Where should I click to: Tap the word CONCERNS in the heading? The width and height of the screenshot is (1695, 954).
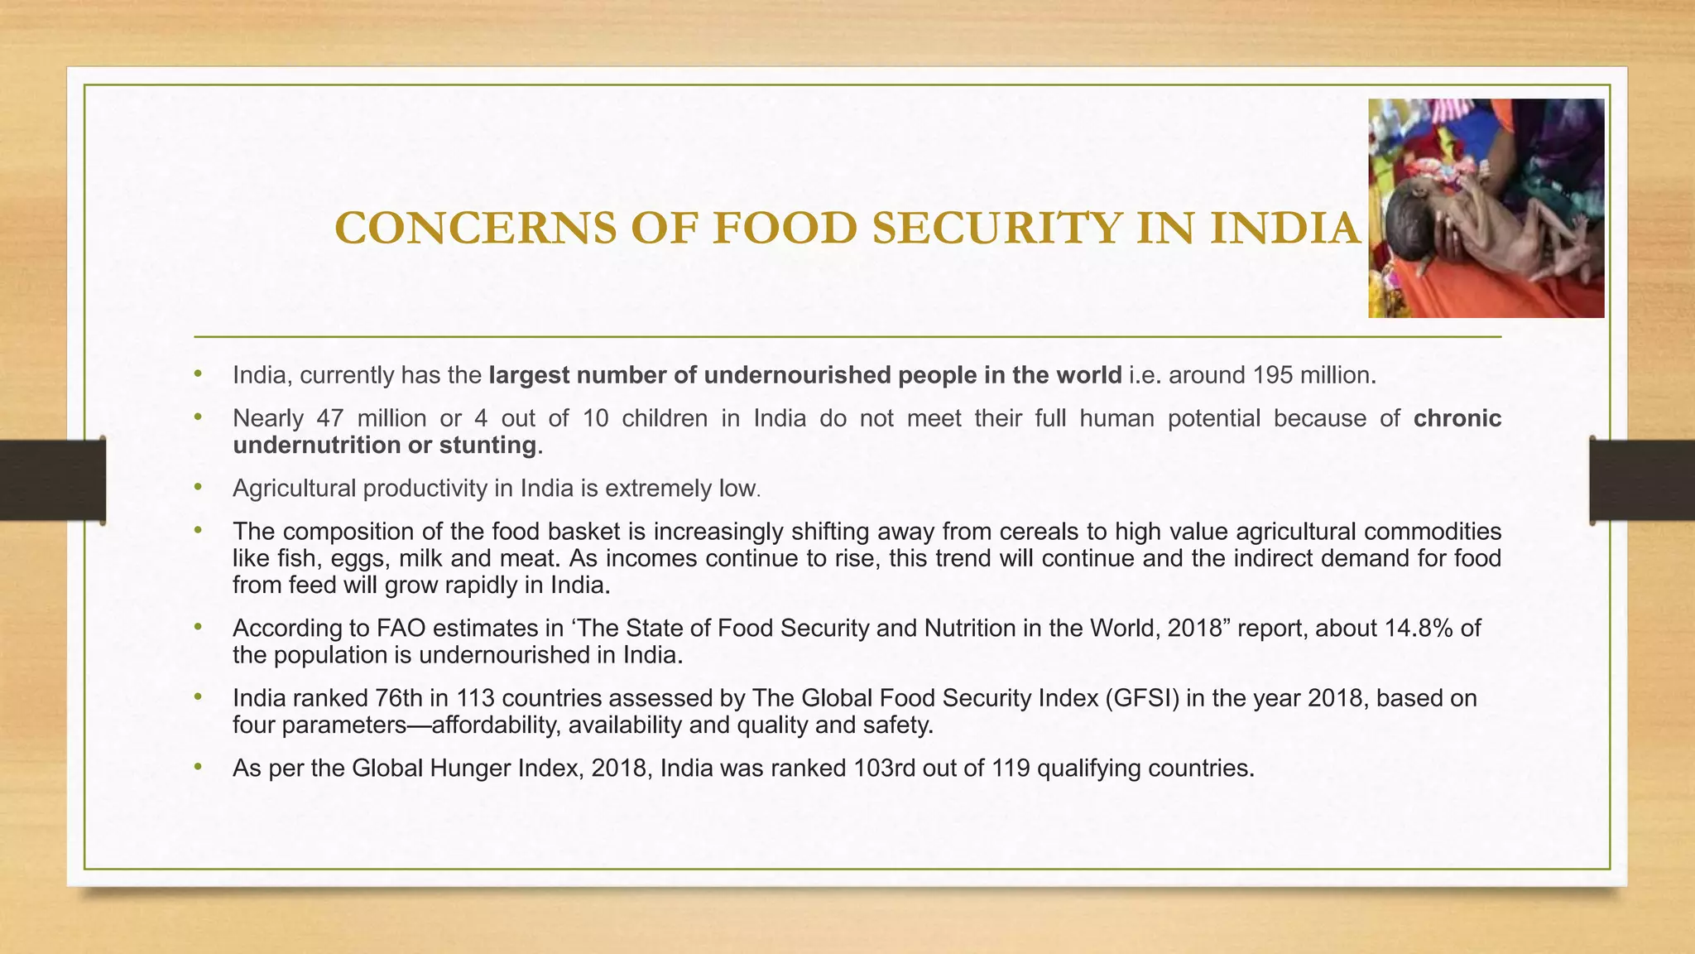475,229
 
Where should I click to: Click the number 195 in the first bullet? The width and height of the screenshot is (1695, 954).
1272,375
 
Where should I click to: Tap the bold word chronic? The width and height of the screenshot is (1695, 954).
1457,418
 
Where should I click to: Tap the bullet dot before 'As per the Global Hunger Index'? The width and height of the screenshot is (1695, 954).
198,768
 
